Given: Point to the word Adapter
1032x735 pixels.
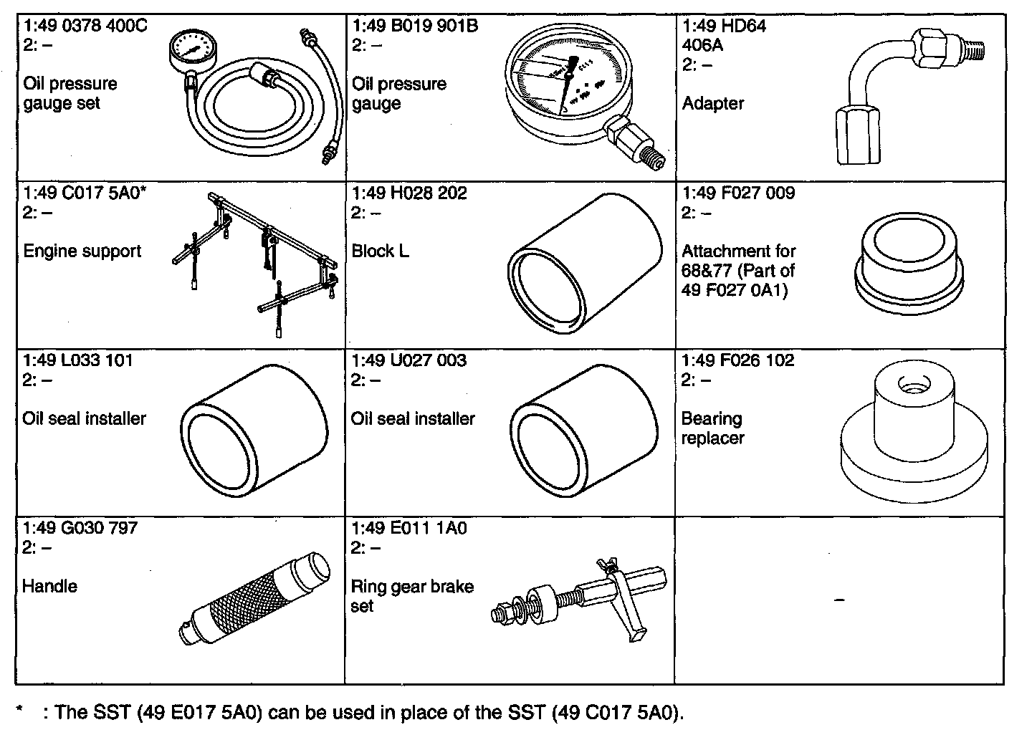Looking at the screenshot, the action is (x=712, y=103).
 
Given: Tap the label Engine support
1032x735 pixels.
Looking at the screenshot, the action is (x=82, y=251).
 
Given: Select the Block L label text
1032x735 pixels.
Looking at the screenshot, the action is (x=380, y=251).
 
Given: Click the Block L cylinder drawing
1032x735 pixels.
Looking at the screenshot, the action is (x=585, y=264).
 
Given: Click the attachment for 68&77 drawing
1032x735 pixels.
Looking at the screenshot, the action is (x=909, y=264).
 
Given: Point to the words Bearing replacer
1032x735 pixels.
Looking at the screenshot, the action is (x=712, y=428).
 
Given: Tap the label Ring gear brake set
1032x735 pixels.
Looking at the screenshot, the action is (x=412, y=596).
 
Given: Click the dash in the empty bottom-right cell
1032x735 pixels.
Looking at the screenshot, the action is (x=839, y=600).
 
